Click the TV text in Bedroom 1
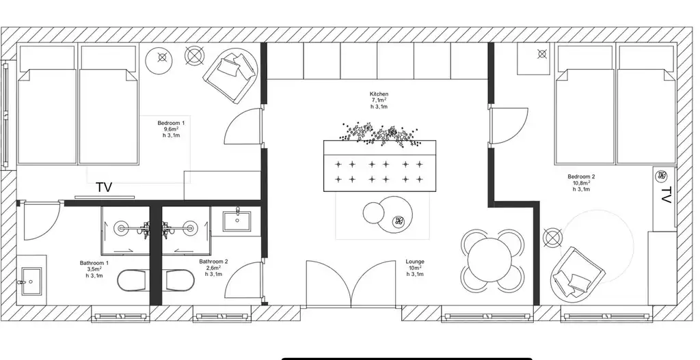click(104, 188)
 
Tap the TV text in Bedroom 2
click(666, 195)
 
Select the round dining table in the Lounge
click(489, 260)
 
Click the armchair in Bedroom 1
click(231, 74)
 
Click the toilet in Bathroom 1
click(132, 280)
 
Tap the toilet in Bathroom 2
click(180, 280)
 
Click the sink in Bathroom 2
click(237, 221)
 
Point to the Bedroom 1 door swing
click(243, 126)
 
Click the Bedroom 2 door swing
click(509, 126)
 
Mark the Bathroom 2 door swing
click(243, 280)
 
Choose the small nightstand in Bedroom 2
click(534, 59)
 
